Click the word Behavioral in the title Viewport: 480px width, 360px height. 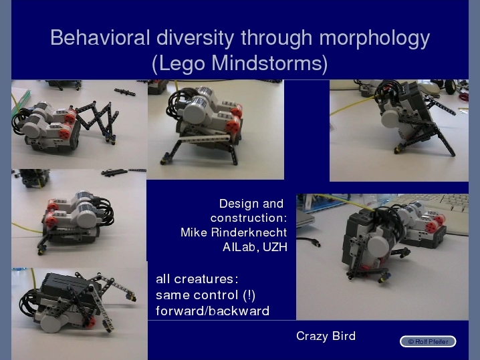[x=100, y=37]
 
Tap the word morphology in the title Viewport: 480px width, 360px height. [x=374, y=39]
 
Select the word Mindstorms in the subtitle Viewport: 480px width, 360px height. [x=266, y=63]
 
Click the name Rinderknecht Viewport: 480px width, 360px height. [x=249, y=232]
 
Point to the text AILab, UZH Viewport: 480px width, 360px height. [x=255, y=247]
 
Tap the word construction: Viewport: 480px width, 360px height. [x=249, y=218]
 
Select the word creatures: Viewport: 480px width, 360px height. [x=206, y=279]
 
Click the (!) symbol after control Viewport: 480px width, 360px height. [x=249, y=295]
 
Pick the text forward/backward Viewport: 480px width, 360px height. [x=213, y=311]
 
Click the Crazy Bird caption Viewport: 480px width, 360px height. [x=326, y=336]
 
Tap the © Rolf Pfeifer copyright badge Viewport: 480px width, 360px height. [x=428, y=341]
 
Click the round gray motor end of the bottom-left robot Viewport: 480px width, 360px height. [x=53, y=323]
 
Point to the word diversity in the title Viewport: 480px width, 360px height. [x=195, y=38]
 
